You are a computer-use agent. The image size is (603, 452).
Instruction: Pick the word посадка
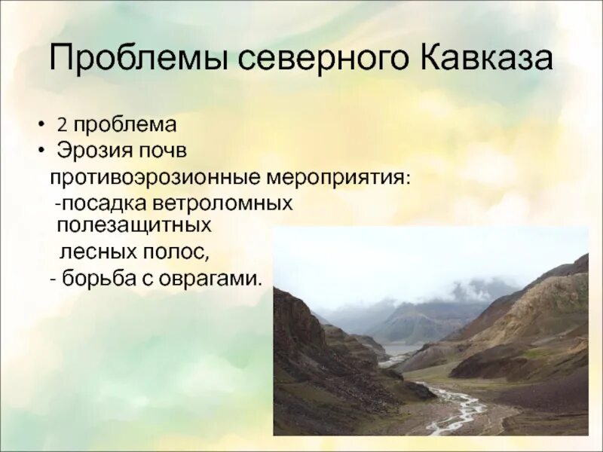[x=110, y=204]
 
